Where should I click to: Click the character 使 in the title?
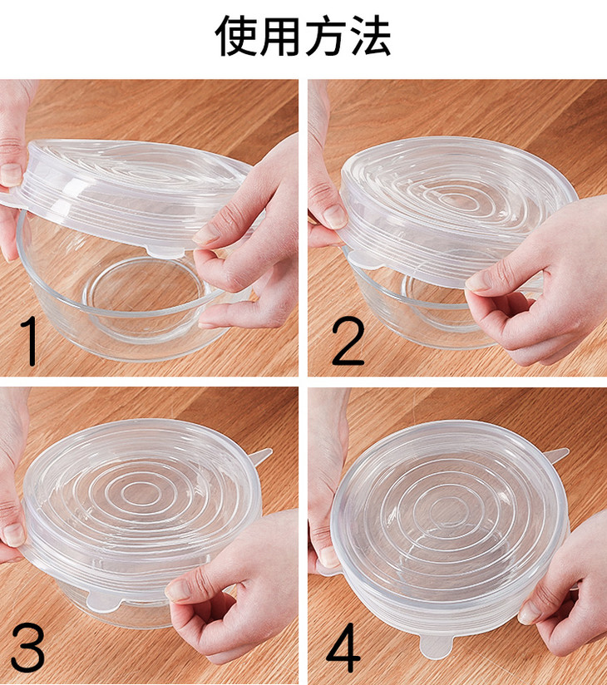click(x=236, y=36)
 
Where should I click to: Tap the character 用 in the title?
click(x=280, y=36)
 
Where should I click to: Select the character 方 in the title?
click(x=326, y=36)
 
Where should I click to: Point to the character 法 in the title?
click(x=370, y=36)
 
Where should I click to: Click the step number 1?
click(x=29, y=341)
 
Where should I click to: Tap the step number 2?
click(x=348, y=341)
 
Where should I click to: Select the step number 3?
click(x=28, y=648)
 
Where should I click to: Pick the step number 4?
click(x=343, y=648)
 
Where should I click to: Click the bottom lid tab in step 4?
click(x=436, y=646)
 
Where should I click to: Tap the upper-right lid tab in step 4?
click(x=556, y=456)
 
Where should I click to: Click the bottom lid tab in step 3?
click(x=105, y=601)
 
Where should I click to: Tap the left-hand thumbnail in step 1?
click(x=11, y=175)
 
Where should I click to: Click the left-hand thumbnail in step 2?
click(x=335, y=216)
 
